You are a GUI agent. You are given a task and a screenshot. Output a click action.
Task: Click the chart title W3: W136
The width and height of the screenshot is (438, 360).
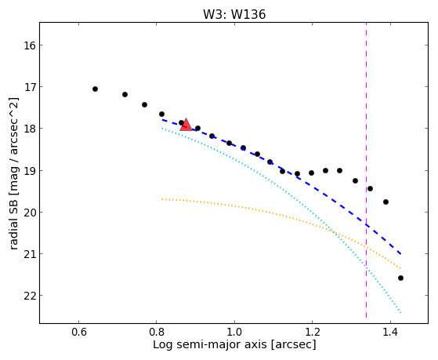[x=234, y=14]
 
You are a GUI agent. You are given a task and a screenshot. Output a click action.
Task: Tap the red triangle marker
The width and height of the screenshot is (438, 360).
[x=186, y=125]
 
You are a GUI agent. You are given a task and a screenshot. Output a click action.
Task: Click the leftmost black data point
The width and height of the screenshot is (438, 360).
[x=95, y=89]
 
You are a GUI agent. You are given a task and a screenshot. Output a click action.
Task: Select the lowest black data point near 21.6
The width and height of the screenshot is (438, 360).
[x=400, y=278]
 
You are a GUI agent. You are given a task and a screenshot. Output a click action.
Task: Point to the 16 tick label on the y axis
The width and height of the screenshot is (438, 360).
[x=29, y=45]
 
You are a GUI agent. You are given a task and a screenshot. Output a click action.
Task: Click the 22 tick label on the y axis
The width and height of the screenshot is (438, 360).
[x=29, y=296]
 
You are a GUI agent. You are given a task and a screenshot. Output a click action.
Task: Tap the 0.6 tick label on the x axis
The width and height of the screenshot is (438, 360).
[x=78, y=332]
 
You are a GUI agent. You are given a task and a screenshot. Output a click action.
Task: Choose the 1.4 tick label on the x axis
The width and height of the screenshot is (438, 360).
[x=390, y=332]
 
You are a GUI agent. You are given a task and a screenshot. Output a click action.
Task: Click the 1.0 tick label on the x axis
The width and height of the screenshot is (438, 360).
[x=234, y=332]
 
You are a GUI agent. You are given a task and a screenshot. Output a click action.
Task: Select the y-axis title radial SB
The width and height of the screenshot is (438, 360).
[x=13, y=173]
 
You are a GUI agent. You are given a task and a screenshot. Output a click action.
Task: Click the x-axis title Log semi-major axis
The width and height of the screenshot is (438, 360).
[x=234, y=344]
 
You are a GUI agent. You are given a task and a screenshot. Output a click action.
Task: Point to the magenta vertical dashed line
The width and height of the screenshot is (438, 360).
[x=366, y=170]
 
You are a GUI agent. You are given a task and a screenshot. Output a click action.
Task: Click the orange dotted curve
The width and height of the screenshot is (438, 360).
[x=282, y=216]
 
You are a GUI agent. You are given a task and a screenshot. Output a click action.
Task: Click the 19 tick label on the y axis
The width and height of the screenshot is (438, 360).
[x=29, y=171]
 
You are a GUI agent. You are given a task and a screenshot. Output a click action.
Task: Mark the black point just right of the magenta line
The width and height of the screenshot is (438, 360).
[x=370, y=188]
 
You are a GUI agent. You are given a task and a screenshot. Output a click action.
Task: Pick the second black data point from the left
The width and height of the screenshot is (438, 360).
[x=125, y=95]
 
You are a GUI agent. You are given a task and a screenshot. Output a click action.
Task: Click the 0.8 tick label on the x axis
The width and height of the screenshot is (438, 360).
[x=157, y=332]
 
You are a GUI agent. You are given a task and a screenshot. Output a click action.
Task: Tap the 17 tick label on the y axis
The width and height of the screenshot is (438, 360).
[x=29, y=87]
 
